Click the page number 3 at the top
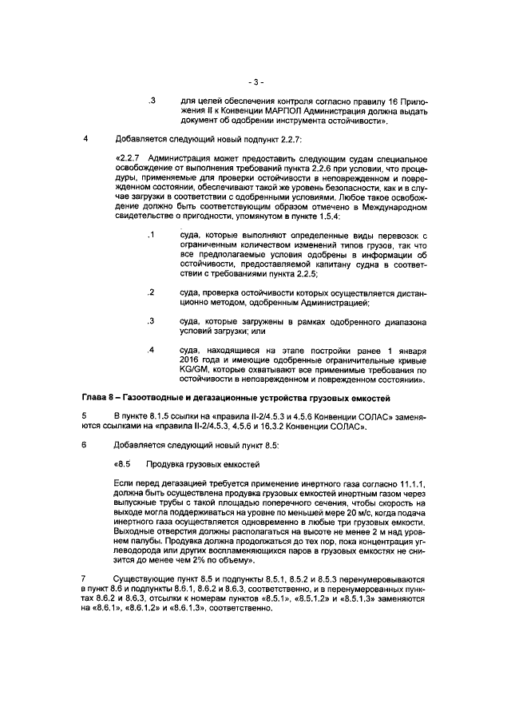tap(255, 81)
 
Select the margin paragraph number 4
tap(85, 138)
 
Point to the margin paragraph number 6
tap(85, 444)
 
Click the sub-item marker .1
tap(150, 234)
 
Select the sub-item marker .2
tap(150, 292)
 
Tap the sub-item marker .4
tap(150, 350)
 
